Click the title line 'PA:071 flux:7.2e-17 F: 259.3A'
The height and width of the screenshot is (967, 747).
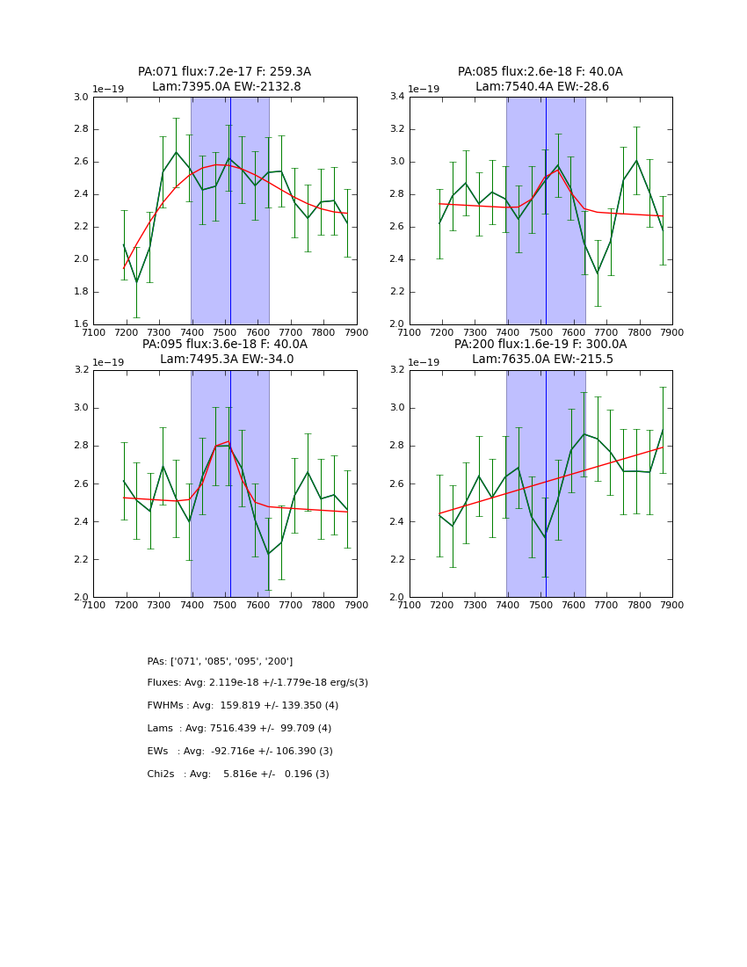click(224, 72)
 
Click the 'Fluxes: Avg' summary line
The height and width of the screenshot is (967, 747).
click(257, 683)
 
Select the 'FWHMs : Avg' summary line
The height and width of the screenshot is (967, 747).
click(243, 706)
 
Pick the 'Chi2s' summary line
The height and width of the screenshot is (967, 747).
click(238, 774)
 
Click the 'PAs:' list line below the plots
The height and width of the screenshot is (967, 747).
click(220, 661)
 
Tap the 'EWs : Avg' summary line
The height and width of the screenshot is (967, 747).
click(240, 752)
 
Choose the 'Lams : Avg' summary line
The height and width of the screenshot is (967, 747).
click(239, 729)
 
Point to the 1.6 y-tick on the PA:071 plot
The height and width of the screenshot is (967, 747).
click(80, 324)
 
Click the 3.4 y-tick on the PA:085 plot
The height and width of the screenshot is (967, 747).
click(396, 98)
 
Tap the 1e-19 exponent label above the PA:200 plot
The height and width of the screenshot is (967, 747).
click(424, 362)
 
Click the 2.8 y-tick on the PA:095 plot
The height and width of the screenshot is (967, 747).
click(80, 446)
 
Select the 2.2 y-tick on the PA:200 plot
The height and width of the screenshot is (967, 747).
click(396, 560)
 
